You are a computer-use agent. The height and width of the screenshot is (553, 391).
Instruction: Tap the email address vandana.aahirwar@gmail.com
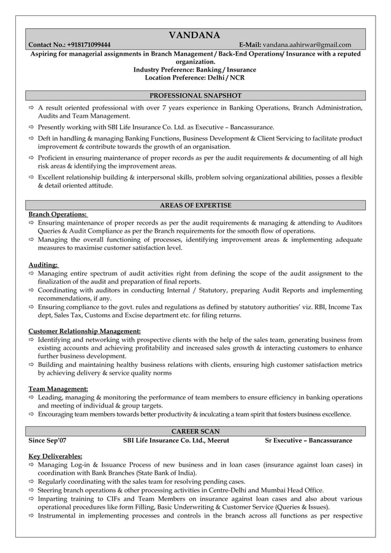click(x=307, y=45)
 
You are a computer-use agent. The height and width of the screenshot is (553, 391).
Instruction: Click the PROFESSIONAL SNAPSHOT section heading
click(x=195, y=96)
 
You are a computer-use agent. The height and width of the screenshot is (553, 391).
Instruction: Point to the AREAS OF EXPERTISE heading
click(x=195, y=205)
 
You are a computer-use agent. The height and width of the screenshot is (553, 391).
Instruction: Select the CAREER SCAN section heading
click(x=195, y=431)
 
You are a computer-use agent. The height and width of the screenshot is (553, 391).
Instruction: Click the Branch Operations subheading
click(x=58, y=214)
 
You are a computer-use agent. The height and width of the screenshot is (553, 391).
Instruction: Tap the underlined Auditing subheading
click(x=44, y=265)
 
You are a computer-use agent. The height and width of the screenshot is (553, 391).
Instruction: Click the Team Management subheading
click(x=58, y=389)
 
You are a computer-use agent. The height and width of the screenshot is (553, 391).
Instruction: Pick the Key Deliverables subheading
click(x=56, y=456)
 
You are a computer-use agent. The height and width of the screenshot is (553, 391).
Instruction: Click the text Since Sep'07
click(x=48, y=440)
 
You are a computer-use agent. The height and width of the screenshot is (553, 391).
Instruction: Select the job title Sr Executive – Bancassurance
click(x=308, y=440)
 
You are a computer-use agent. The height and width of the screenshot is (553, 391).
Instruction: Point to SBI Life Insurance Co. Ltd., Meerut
click(x=176, y=440)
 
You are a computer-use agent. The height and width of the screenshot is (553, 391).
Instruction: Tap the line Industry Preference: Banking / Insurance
click(x=195, y=70)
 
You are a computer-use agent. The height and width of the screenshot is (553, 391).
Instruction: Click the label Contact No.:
click(x=46, y=45)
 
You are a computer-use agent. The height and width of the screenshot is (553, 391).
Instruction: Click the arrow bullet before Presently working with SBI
click(x=32, y=127)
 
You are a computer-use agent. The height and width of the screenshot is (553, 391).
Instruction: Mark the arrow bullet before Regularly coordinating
click(x=32, y=481)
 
